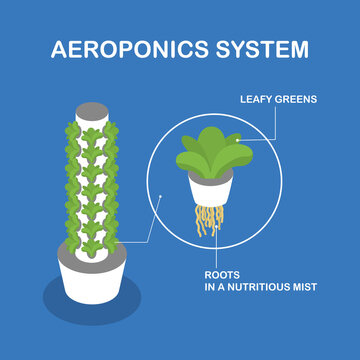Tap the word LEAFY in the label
(x=259, y=100)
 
